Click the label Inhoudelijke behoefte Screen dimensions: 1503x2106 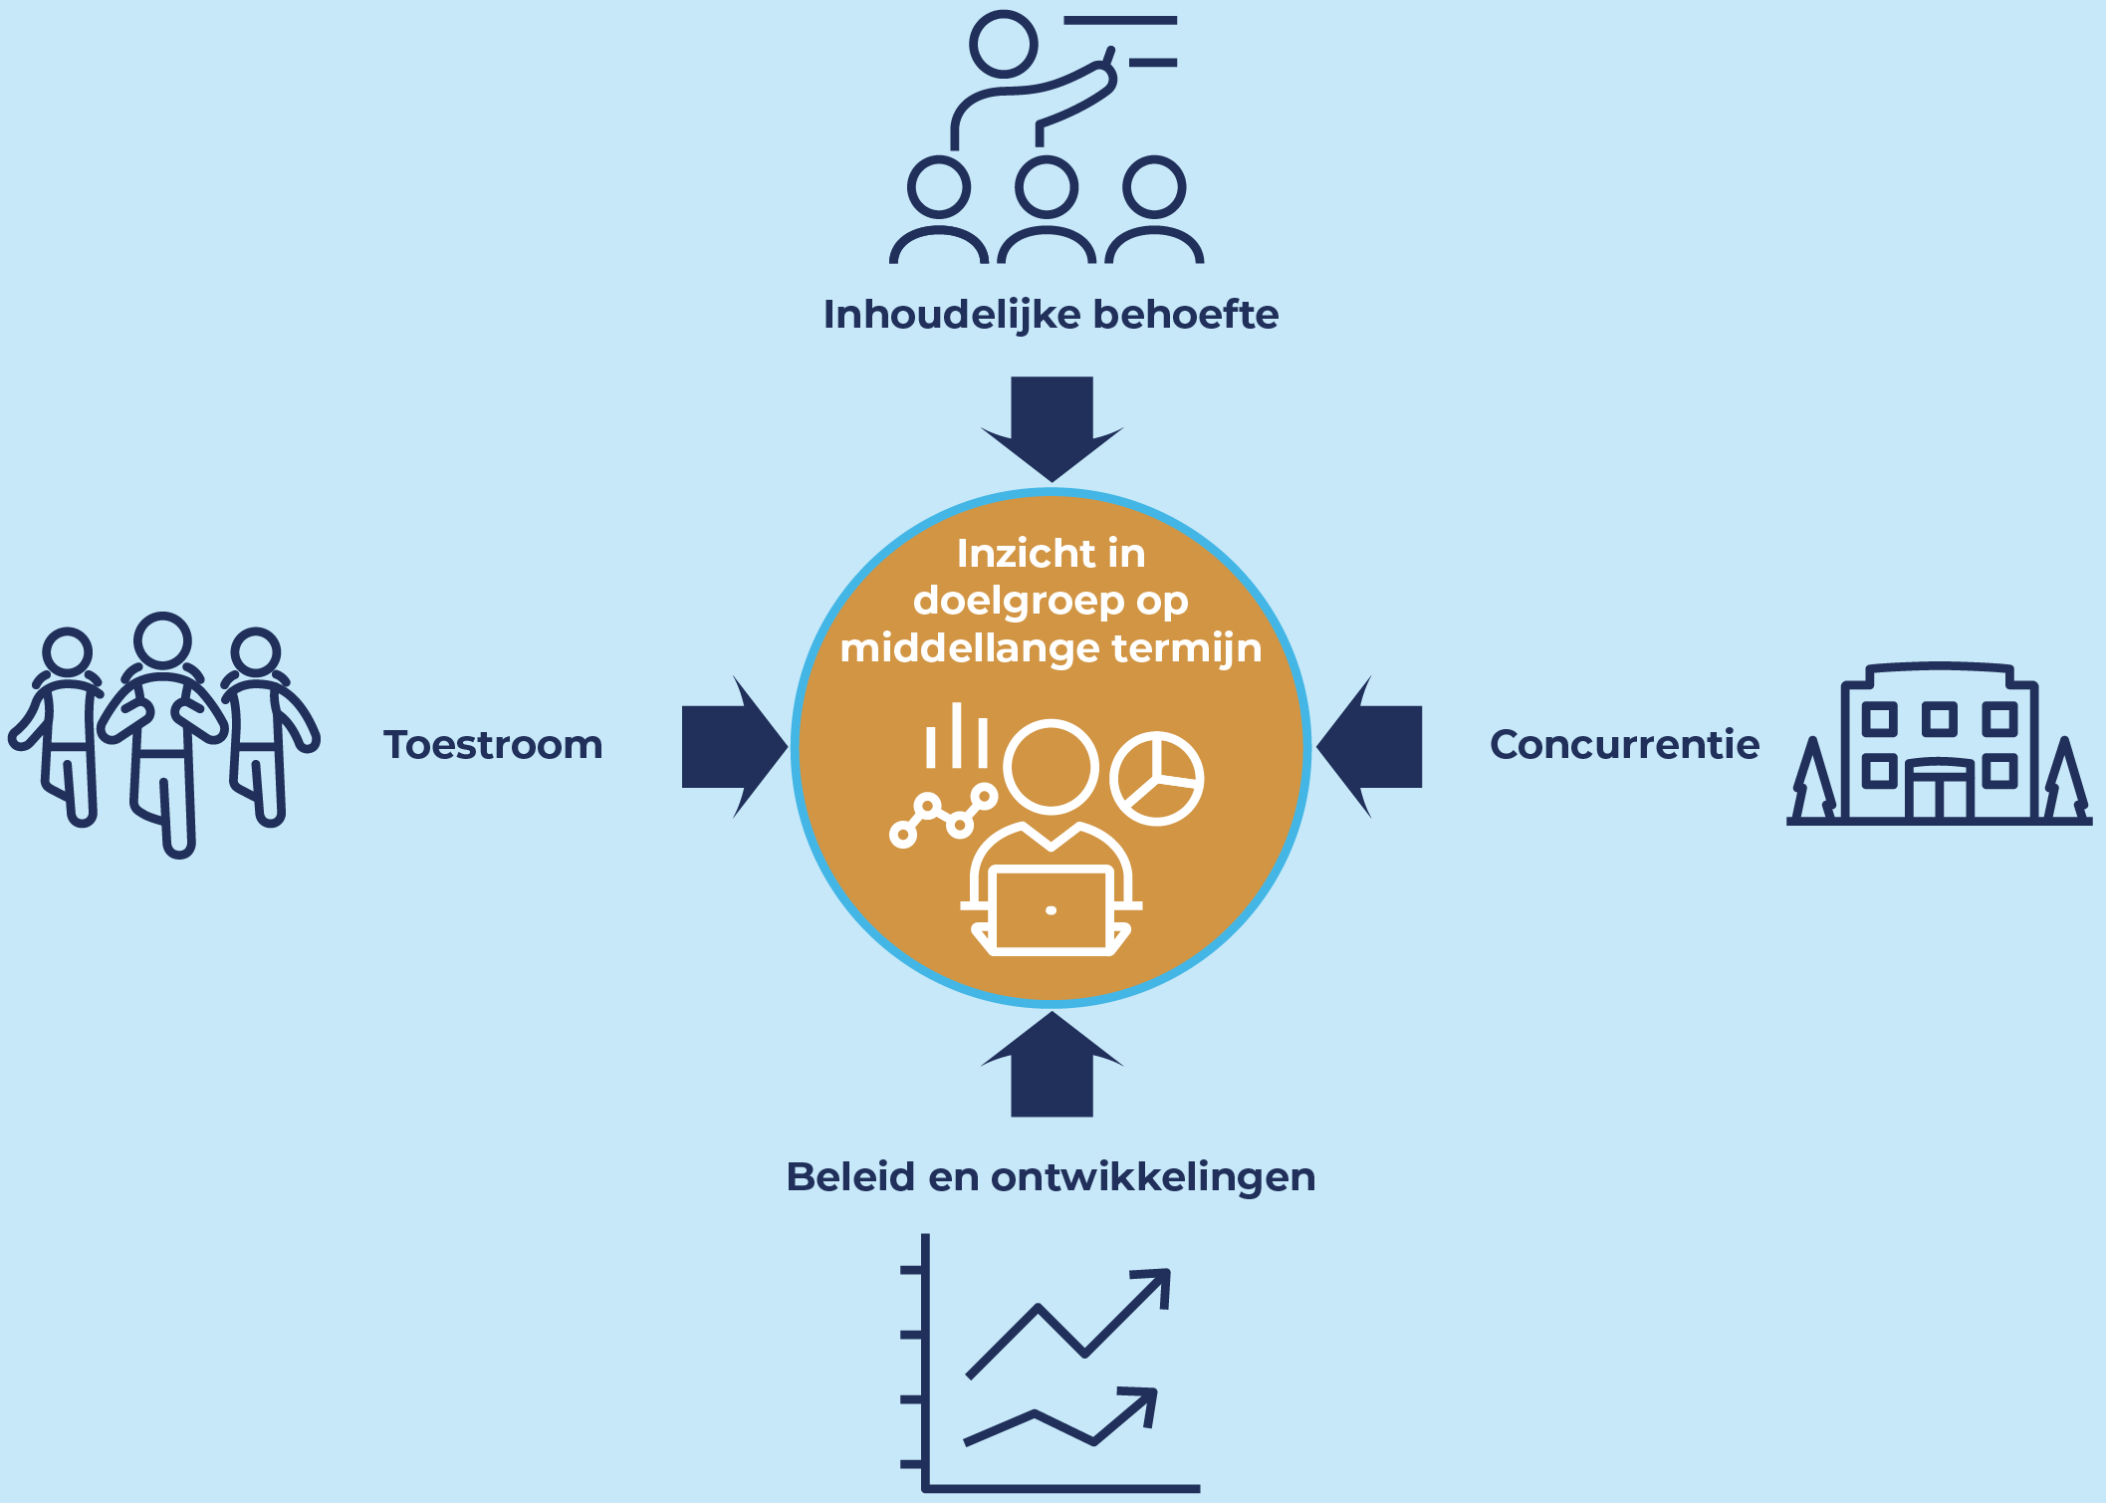pos(1051,315)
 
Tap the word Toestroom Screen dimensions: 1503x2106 pos(493,745)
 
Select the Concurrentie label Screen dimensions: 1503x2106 pos(1624,744)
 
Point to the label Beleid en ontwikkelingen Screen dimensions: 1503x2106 pos(1051,1177)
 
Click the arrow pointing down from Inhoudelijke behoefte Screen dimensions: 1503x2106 pos(1052,426)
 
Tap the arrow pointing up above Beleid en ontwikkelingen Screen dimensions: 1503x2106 pos(1052,1065)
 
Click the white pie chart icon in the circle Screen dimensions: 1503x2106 pos(1156,779)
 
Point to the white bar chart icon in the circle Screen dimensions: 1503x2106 pos(956,737)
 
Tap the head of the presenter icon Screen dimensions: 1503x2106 pos(1004,43)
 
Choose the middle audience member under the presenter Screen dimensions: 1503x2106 pos(1047,209)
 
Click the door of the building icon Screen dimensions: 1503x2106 pos(1939,792)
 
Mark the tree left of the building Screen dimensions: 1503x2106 pos(1813,781)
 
